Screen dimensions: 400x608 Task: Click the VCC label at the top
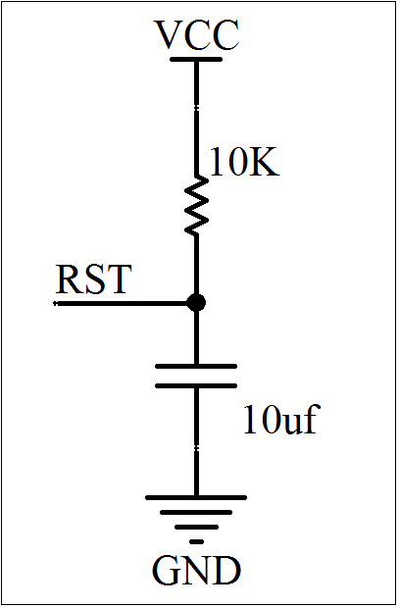[x=196, y=35]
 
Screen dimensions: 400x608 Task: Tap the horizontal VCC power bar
[x=196, y=59]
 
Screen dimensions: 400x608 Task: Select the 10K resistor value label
[x=244, y=162]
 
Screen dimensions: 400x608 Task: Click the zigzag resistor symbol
[x=196, y=205]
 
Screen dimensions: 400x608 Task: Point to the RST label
[x=93, y=279]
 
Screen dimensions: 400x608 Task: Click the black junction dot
[x=196, y=302]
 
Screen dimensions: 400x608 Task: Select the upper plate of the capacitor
[x=196, y=366]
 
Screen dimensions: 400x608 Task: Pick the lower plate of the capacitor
[x=196, y=385]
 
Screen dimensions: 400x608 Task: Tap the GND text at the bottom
[x=196, y=571]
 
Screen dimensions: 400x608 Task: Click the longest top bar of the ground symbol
[x=196, y=498]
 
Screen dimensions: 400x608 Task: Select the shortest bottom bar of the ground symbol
[x=196, y=541]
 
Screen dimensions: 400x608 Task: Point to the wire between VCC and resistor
[x=196, y=119]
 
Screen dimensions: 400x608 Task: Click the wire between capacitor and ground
[x=196, y=442]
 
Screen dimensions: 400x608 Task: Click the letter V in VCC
[x=170, y=35]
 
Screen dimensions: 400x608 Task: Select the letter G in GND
[x=167, y=571]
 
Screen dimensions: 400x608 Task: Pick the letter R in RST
[x=70, y=279]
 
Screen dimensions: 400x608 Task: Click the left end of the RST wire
[x=54, y=303]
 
